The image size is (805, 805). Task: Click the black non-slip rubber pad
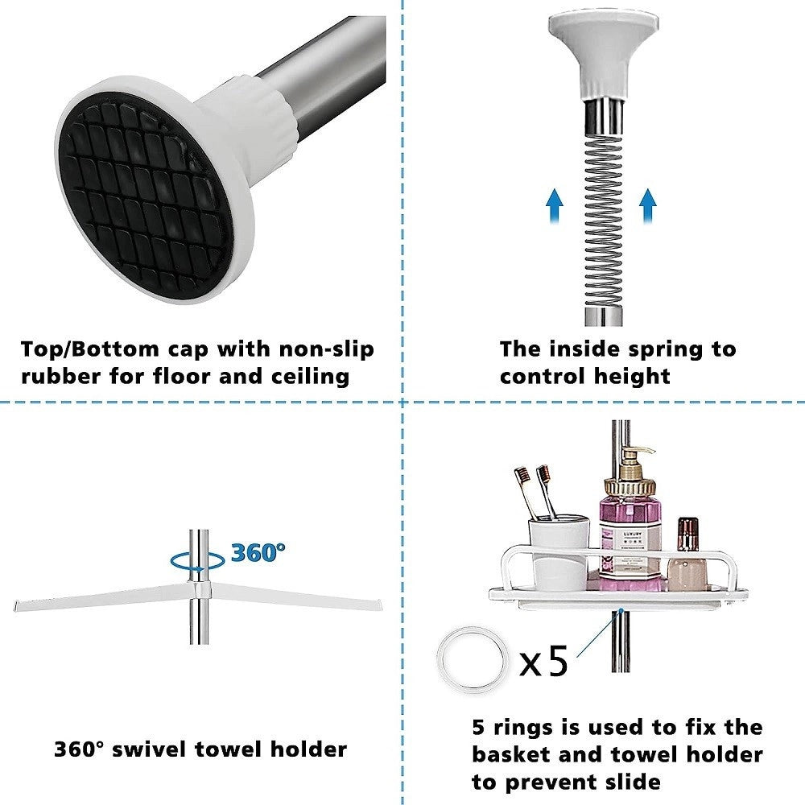(145, 198)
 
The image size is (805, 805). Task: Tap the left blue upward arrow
(555, 205)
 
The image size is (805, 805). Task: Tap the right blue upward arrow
(648, 205)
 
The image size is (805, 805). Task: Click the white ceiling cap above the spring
(603, 54)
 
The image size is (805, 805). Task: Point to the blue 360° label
(258, 552)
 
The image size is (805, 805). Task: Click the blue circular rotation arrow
(198, 560)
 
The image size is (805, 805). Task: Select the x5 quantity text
(543, 661)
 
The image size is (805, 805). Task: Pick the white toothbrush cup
(559, 552)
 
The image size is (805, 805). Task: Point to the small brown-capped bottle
(687, 555)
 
